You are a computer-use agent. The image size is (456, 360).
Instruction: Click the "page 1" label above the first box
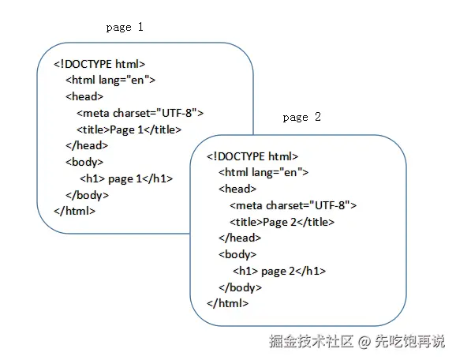[x=125, y=28]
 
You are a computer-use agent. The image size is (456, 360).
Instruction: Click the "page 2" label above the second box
[x=302, y=118]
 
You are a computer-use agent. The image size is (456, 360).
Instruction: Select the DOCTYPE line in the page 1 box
[x=99, y=64]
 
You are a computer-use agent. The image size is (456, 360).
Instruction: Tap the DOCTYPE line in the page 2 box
[x=252, y=156]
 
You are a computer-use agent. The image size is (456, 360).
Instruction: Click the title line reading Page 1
[x=129, y=129]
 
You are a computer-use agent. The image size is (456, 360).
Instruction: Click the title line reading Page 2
[x=282, y=223]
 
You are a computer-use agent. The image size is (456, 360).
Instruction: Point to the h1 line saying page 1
[x=126, y=178]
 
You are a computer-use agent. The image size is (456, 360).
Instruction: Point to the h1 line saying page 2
[x=279, y=272]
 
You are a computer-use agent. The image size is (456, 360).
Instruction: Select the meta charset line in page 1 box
[x=140, y=113]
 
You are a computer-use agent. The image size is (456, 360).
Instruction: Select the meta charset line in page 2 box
[x=293, y=205]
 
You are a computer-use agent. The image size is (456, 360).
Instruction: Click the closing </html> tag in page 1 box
[x=75, y=211]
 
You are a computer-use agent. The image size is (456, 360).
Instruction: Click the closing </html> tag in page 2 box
[x=228, y=303]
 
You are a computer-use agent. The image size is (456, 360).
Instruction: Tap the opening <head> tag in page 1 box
[x=84, y=96]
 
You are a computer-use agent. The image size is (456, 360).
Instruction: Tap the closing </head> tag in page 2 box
[x=240, y=238]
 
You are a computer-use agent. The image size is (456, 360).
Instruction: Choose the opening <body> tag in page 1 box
[x=84, y=162]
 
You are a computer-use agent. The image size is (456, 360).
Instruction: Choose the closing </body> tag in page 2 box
[x=240, y=287]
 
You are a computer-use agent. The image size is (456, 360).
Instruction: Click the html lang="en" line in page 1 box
[x=110, y=80]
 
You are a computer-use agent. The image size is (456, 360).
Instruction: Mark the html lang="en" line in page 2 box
[x=264, y=173]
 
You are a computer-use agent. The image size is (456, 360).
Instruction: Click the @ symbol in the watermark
[x=364, y=341]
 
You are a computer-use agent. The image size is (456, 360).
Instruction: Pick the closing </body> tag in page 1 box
[x=88, y=195]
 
